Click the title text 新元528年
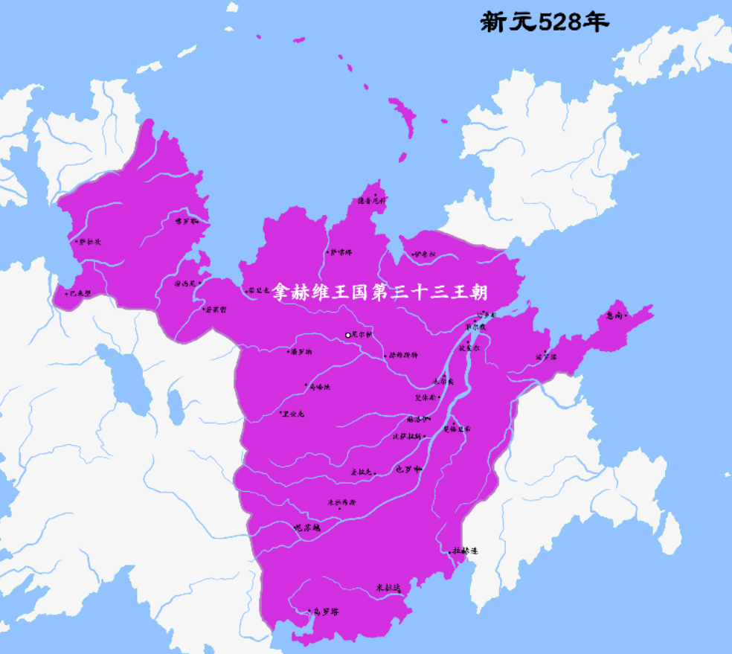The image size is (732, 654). (x=545, y=22)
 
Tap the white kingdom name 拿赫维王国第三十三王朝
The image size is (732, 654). (x=385, y=290)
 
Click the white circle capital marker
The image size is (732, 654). (x=347, y=336)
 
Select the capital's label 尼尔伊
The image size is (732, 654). (x=362, y=335)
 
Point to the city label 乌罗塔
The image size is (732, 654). (x=327, y=612)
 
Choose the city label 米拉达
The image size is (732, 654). (x=388, y=588)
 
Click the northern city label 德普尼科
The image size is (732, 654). (x=372, y=200)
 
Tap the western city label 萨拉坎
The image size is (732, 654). (x=90, y=241)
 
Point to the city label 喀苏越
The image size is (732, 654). (x=306, y=527)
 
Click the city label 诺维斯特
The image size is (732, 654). (x=403, y=355)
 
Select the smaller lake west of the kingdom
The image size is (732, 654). (x=176, y=406)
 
